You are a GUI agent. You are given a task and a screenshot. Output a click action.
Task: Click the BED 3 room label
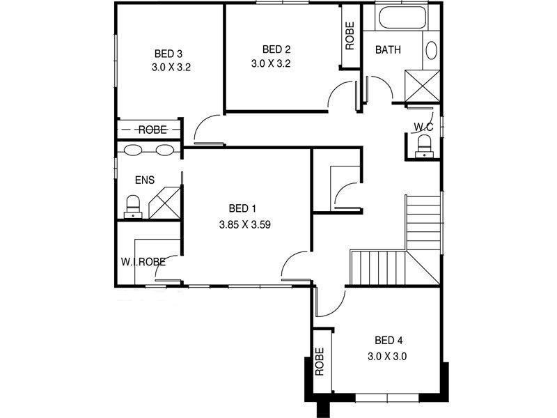click(x=168, y=54)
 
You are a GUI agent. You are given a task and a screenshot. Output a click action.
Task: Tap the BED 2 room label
click(x=276, y=49)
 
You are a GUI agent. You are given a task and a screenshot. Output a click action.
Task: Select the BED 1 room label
click(x=243, y=208)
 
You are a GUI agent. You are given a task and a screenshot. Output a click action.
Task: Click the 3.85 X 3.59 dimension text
click(x=244, y=225)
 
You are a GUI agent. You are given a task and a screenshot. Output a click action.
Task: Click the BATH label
click(x=387, y=50)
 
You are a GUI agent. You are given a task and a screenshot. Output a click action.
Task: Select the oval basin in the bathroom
click(x=432, y=50)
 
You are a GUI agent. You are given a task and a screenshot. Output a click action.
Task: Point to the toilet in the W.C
click(x=423, y=144)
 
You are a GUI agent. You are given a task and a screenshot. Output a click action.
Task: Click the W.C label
click(x=423, y=127)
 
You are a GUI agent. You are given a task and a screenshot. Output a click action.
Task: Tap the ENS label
click(x=145, y=180)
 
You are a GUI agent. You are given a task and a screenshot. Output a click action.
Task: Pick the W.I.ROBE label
click(x=143, y=262)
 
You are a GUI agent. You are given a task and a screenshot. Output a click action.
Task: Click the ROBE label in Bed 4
click(x=321, y=362)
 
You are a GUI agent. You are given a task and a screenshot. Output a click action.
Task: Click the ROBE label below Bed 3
click(x=151, y=130)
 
